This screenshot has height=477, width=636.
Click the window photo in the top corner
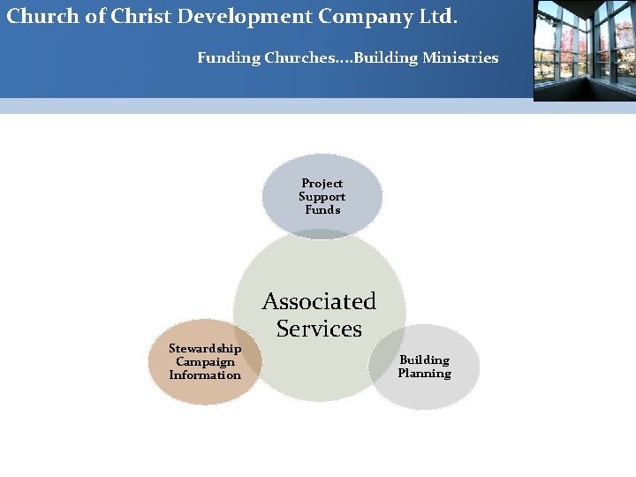(584, 50)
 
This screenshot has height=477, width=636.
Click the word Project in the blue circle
(322, 184)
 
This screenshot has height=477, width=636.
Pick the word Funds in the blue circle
(322, 210)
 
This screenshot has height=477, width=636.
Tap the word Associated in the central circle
(319, 301)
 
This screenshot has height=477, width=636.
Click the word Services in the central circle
(319, 329)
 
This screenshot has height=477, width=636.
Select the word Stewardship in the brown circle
(205, 348)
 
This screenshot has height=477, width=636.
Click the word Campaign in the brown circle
(205, 361)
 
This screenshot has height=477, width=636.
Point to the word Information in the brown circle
(205, 375)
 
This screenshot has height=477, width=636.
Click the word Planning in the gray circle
(424, 373)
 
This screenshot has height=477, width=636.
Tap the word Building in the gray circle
(424, 360)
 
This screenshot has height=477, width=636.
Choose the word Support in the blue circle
(322, 197)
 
